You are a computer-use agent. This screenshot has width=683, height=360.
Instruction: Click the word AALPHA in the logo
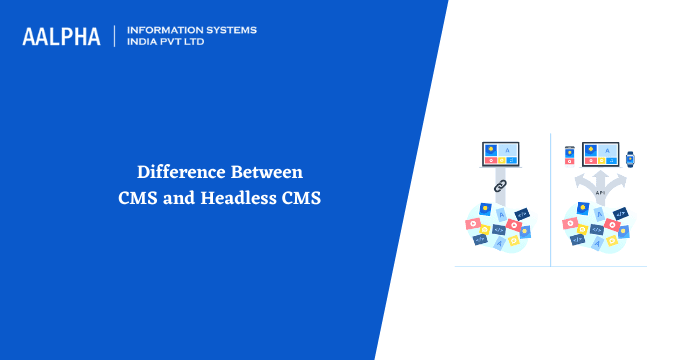tap(61, 37)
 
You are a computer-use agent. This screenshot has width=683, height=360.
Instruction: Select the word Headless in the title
tap(238, 197)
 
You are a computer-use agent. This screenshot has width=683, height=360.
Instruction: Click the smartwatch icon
tap(631, 157)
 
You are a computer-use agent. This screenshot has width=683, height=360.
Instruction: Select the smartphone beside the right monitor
tap(569, 156)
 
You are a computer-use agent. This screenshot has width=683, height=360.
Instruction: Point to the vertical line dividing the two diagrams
tap(550, 200)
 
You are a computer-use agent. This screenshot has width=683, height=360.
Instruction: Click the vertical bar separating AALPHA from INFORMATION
tap(115, 37)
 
